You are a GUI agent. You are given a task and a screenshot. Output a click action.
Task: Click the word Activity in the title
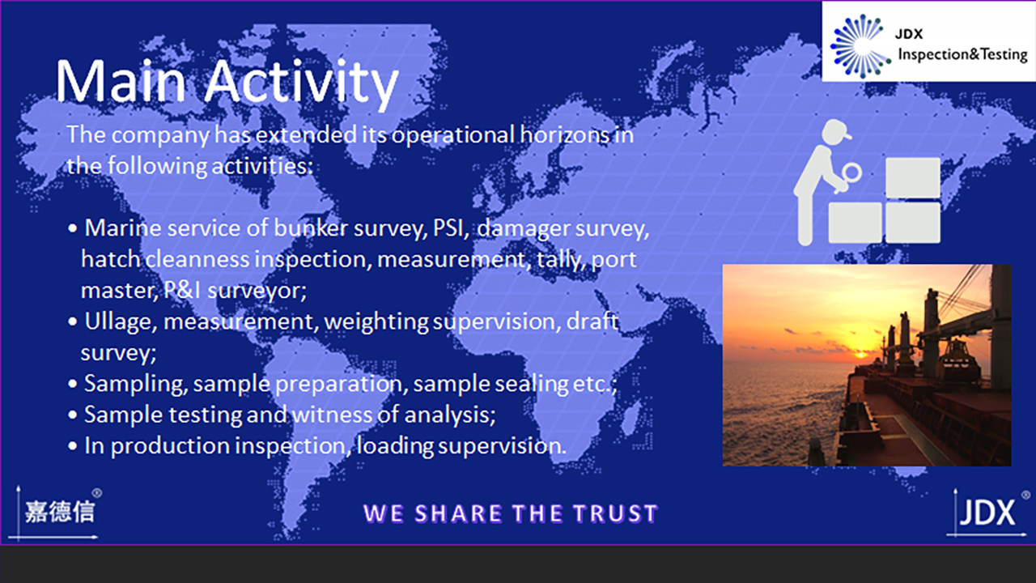click(300, 84)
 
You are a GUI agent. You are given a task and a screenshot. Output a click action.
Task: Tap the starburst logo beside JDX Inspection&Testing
click(860, 45)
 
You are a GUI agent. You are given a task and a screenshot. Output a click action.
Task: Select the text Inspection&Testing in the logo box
click(962, 54)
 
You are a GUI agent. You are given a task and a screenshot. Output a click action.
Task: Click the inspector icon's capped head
click(836, 131)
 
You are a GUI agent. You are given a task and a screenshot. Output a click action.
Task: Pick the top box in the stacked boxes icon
click(912, 177)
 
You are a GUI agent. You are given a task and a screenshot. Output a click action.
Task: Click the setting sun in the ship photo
click(860, 355)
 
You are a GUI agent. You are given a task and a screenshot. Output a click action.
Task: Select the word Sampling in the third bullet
click(136, 385)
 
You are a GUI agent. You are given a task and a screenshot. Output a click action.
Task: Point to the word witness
click(332, 415)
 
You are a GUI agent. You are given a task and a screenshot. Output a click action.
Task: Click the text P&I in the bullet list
click(182, 291)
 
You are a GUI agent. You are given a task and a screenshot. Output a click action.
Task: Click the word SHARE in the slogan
click(458, 513)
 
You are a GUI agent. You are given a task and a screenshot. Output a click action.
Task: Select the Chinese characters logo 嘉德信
click(60, 512)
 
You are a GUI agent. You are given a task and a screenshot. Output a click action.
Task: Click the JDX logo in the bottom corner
click(987, 513)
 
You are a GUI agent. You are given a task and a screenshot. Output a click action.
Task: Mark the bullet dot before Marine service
click(73, 228)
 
